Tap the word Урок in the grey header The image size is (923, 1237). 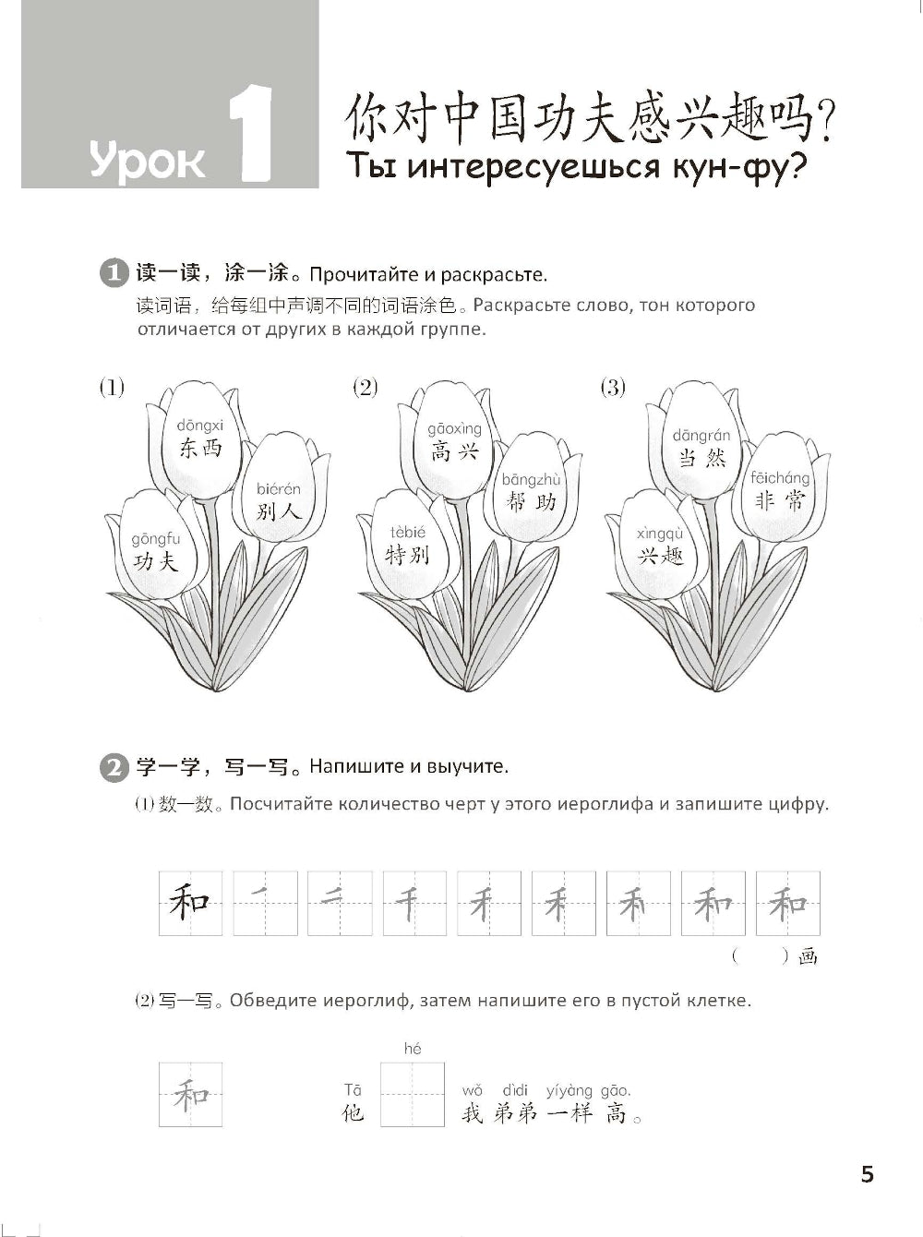tap(148, 162)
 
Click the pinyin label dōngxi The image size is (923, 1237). tap(200, 425)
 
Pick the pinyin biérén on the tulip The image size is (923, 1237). tap(278, 489)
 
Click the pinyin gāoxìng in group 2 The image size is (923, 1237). tap(454, 428)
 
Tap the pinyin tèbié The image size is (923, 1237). tap(407, 533)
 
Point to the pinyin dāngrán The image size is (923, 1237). tap(701, 436)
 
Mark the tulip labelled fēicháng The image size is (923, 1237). tap(780, 489)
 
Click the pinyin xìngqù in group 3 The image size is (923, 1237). tap(660, 534)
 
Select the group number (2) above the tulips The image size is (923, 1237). tap(366, 388)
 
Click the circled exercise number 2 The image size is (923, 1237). tap(112, 767)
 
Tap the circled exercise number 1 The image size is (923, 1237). tap(112, 274)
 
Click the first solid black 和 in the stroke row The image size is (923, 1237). tap(190, 903)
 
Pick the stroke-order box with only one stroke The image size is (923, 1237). tap(265, 903)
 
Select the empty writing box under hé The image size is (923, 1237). tap(412, 1094)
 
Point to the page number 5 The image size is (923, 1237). tap(867, 1174)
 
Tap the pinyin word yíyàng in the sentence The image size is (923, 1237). tap(569, 1091)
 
